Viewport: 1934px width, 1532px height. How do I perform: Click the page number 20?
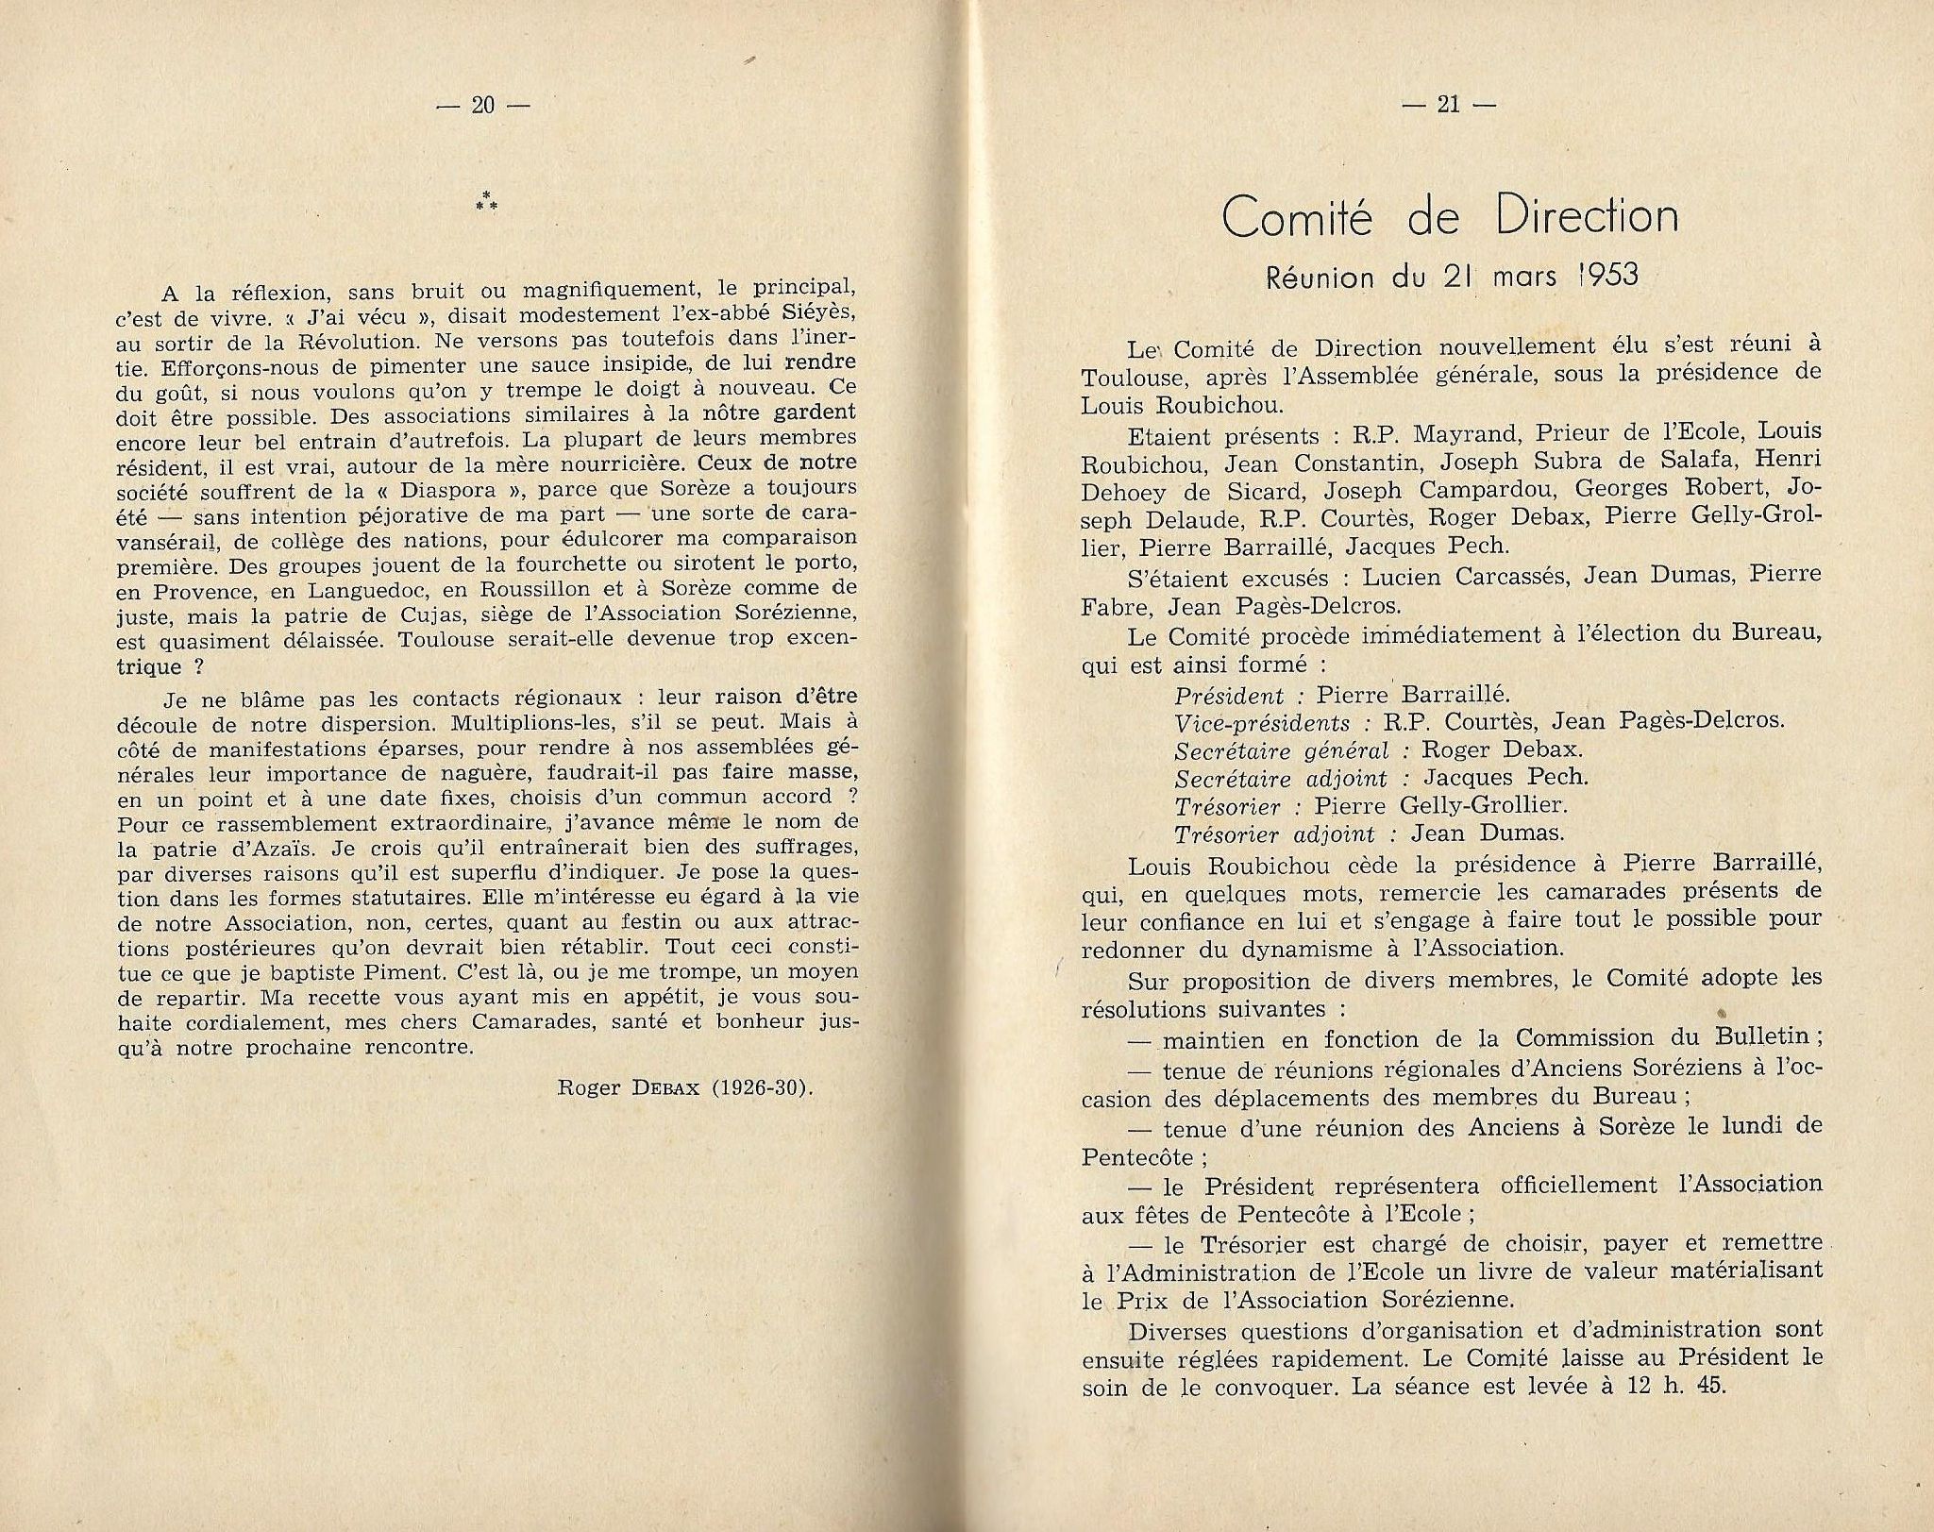pos(481,106)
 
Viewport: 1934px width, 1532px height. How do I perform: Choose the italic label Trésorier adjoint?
pos(1280,833)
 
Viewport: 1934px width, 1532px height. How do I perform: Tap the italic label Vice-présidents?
pos(1262,723)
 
